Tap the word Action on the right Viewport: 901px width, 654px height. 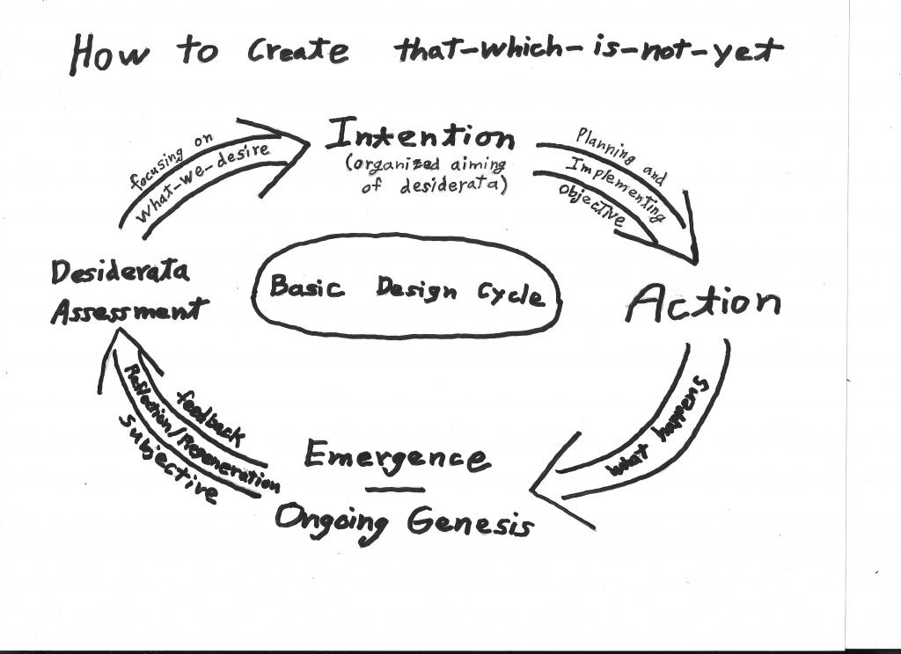click(702, 304)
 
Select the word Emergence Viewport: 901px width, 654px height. click(396, 456)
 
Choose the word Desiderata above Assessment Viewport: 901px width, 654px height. click(120, 273)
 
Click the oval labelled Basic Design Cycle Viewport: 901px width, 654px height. click(407, 287)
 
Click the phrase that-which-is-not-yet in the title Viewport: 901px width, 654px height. click(588, 52)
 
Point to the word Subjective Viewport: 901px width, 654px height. click(166, 456)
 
